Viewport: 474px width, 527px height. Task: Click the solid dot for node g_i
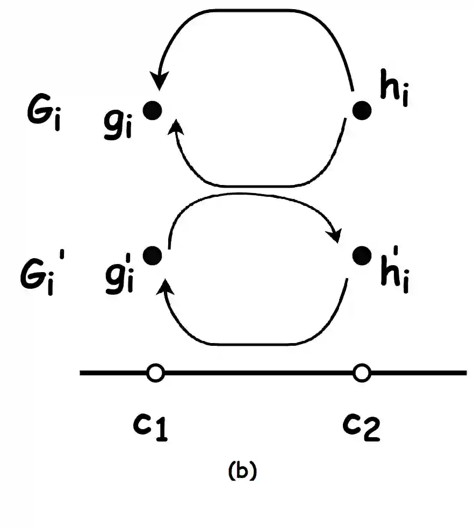pos(153,110)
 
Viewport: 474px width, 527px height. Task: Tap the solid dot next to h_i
pos(362,111)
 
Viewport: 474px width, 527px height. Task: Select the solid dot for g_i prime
pos(153,255)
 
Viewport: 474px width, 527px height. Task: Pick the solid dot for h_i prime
pos(362,255)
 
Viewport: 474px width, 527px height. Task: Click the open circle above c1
pos(155,372)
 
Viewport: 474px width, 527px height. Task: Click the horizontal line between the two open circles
pos(258,372)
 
